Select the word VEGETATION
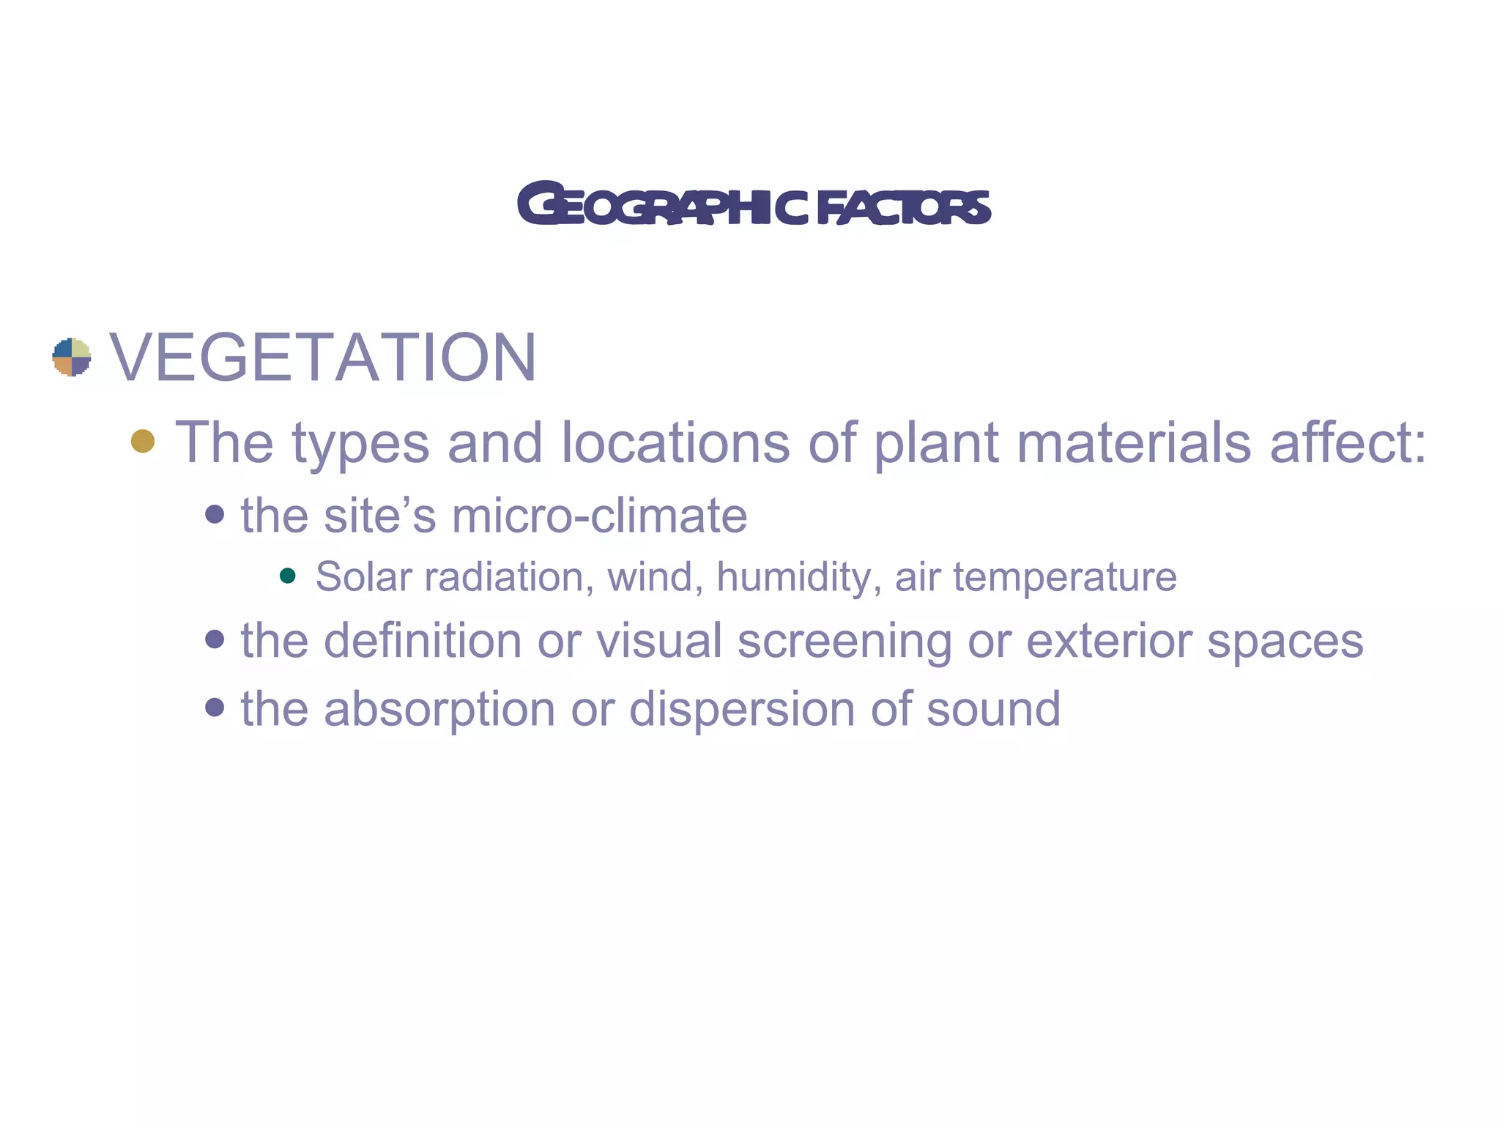(323, 357)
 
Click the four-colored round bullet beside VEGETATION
(72, 357)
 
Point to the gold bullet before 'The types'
(143, 441)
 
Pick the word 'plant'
(937, 444)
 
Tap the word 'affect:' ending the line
(1348, 442)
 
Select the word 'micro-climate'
(599, 515)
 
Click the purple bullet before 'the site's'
(215, 514)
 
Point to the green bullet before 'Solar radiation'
(288, 576)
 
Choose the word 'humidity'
(798, 578)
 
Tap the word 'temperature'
(1065, 578)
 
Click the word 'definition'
(423, 640)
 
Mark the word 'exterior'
(1109, 640)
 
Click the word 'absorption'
(439, 710)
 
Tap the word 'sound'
(993, 708)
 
